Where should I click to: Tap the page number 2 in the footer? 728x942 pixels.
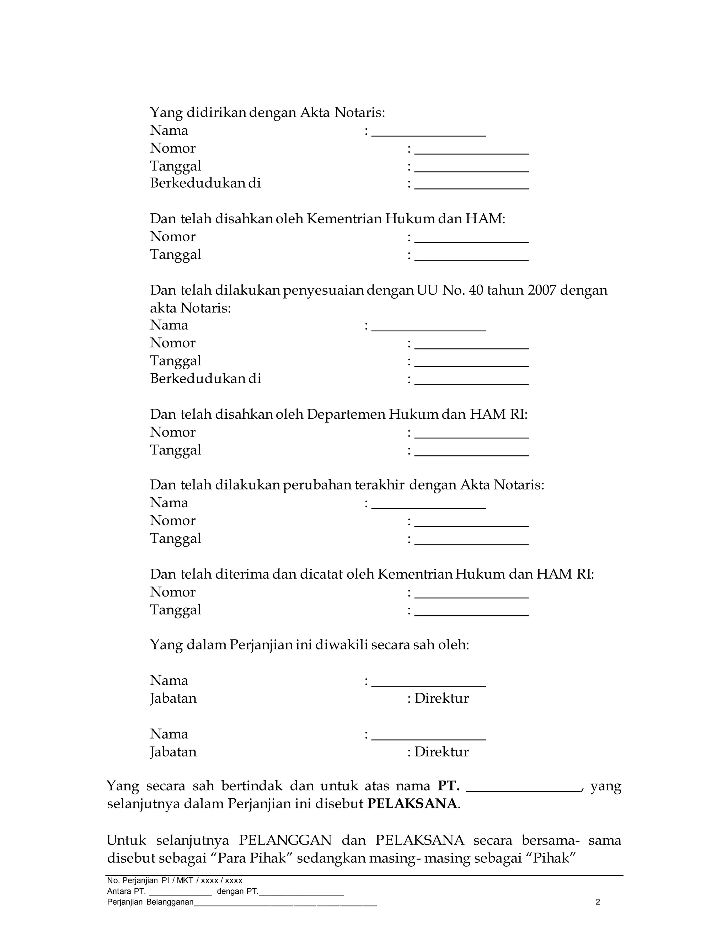tap(598, 902)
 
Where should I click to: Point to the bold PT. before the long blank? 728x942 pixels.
tap(449, 786)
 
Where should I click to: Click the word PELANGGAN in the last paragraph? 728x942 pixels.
tap(285, 840)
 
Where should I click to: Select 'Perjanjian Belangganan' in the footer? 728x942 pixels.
tap(150, 902)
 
